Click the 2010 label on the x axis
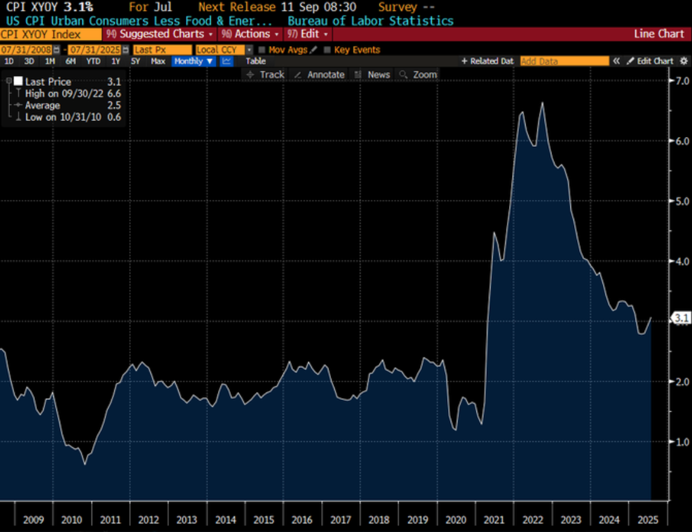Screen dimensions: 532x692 pos(72,520)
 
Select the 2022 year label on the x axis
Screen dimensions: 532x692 pos(532,520)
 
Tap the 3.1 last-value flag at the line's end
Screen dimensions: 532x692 pos(682,318)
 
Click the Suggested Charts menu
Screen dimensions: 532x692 pos(161,34)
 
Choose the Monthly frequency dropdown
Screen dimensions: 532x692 pos(193,61)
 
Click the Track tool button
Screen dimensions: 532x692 pos(266,74)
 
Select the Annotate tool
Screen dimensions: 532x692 pos(320,74)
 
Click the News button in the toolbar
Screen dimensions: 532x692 pos(373,74)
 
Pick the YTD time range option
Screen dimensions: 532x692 pos(93,61)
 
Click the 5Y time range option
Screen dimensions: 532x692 pos(136,61)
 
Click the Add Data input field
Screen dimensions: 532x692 pos(564,61)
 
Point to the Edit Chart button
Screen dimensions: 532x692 pos(650,61)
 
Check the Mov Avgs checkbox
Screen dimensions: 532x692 pos(262,50)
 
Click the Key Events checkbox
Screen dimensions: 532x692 pos(327,50)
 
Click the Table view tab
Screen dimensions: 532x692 pos(256,61)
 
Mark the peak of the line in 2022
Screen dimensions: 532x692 pos(542,103)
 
